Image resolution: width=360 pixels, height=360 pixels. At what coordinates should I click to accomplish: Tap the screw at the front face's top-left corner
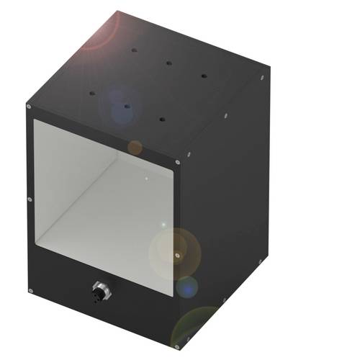point(28,107)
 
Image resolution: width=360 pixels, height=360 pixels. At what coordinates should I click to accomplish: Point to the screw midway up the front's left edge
point(29,199)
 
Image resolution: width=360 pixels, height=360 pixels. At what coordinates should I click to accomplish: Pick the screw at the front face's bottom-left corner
point(30,290)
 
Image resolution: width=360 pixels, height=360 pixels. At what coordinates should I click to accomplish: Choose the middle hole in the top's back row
point(168,63)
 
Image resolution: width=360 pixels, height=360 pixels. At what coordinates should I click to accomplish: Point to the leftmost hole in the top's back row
point(133,50)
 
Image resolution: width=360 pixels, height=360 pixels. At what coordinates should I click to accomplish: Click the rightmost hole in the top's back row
point(203,75)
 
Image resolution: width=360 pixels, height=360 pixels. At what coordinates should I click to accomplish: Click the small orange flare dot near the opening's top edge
point(135,148)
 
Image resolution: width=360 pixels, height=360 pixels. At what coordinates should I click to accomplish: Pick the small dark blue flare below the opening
point(186,287)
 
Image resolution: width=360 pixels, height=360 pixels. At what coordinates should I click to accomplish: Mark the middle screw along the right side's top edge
point(226,114)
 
